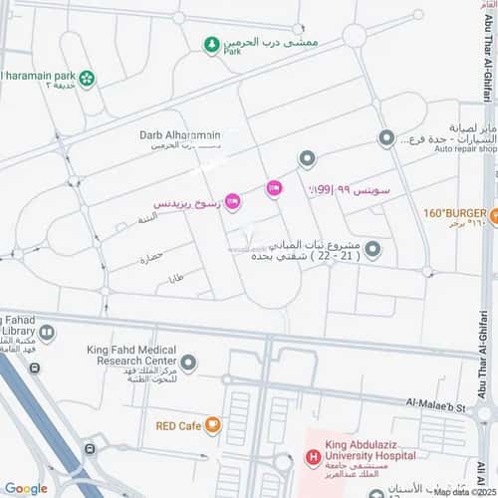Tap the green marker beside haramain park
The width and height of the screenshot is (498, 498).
[x=87, y=78]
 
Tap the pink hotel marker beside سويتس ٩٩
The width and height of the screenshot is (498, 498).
[x=274, y=188]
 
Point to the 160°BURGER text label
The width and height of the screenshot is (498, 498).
[x=453, y=213]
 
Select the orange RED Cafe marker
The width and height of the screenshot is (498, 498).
[x=213, y=425]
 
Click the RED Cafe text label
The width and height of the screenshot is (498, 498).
[x=179, y=425]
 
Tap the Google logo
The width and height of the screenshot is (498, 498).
[x=25, y=488]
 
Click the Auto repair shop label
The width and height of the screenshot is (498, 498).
[x=459, y=148]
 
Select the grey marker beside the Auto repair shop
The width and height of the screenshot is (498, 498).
[x=386, y=138]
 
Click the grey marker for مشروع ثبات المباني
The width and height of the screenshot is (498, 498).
[x=373, y=248]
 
